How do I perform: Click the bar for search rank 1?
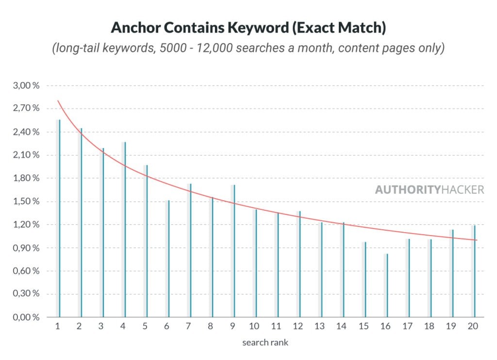tap(59, 219)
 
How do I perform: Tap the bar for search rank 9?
tap(233, 251)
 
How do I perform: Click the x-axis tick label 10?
tap(254, 327)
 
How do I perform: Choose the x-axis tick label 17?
tap(408, 327)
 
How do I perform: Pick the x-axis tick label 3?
tap(101, 327)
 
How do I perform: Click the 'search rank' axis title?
tap(265, 343)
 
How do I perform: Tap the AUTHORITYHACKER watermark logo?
tap(429, 189)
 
